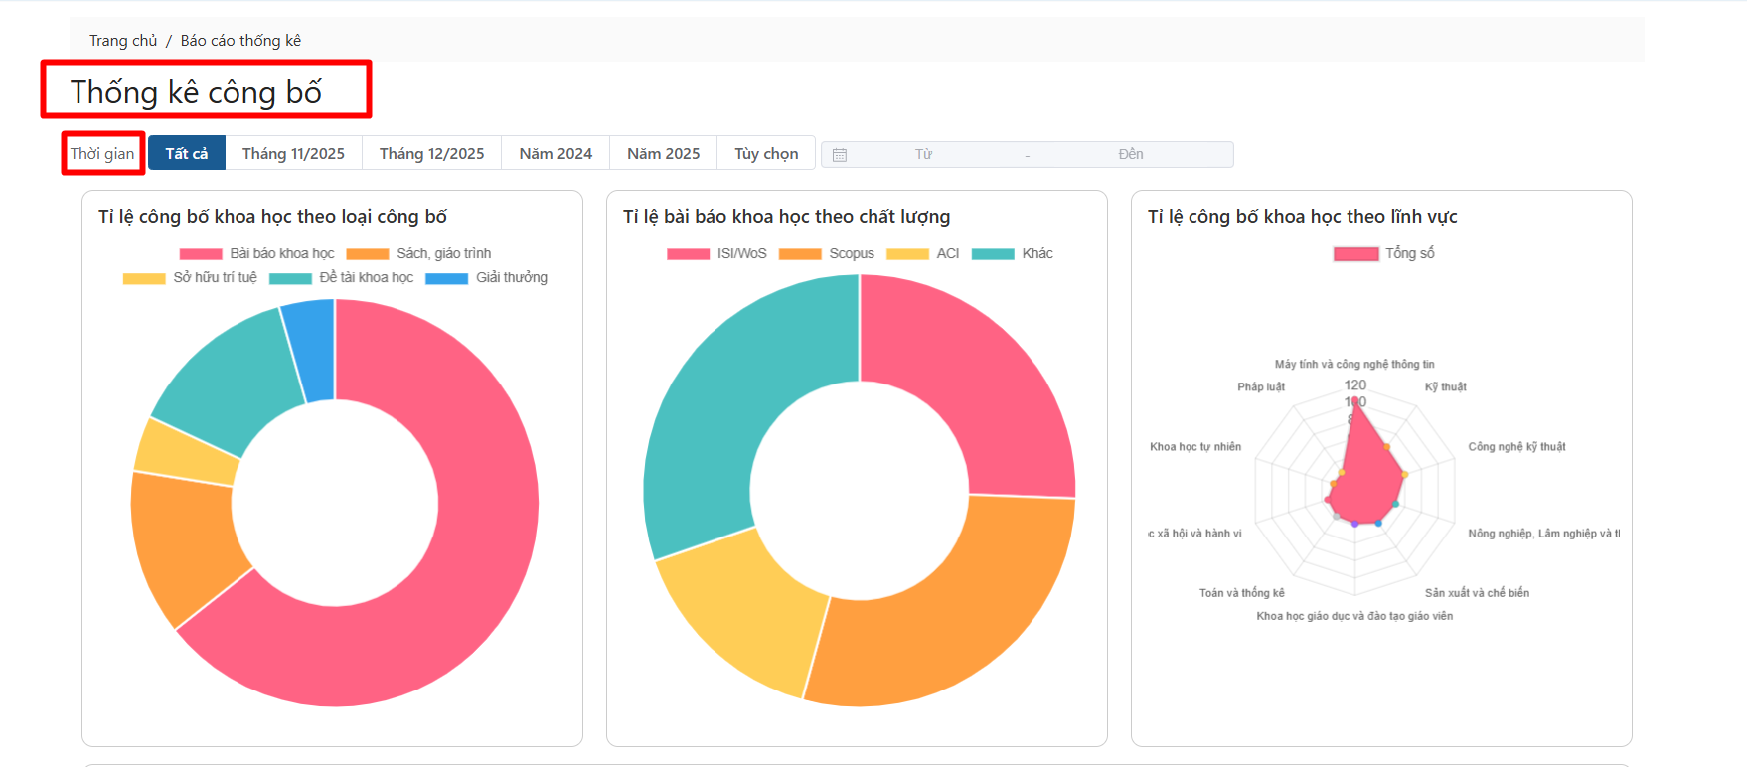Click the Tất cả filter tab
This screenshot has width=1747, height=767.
pyautogui.click(x=187, y=153)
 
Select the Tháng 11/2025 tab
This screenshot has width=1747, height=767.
pyautogui.click(x=293, y=153)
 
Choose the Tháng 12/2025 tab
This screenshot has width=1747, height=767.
pyautogui.click(x=431, y=153)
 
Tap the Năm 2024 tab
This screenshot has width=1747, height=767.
pyautogui.click(x=556, y=153)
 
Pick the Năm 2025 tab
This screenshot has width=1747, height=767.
pyautogui.click(x=663, y=153)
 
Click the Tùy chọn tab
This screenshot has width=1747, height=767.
pyautogui.click(x=766, y=153)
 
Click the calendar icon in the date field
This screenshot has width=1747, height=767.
pyautogui.click(x=840, y=155)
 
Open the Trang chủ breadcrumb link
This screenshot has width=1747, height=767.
pyautogui.click(x=123, y=41)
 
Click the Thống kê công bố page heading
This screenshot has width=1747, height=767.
pyautogui.click(x=196, y=92)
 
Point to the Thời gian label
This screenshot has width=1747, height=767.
pyautogui.click(x=102, y=153)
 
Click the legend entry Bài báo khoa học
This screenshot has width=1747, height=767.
pyautogui.click(x=257, y=253)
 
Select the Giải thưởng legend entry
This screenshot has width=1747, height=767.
pyautogui.click(x=487, y=277)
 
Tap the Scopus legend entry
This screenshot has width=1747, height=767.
pyautogui.click(x=827, y=253)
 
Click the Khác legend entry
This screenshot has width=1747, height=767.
pyautogui.click(x=1013, y=253)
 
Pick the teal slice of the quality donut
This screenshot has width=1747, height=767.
pyautogui.click(x=725, y=417)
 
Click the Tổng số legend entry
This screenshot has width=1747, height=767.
pyautogui.click(x=1384, y=253)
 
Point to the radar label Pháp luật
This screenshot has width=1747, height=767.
pyautogui.click(x=1260, y=386)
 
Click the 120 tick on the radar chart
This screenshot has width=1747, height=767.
pyautogui.click(x=1354, y=384)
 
